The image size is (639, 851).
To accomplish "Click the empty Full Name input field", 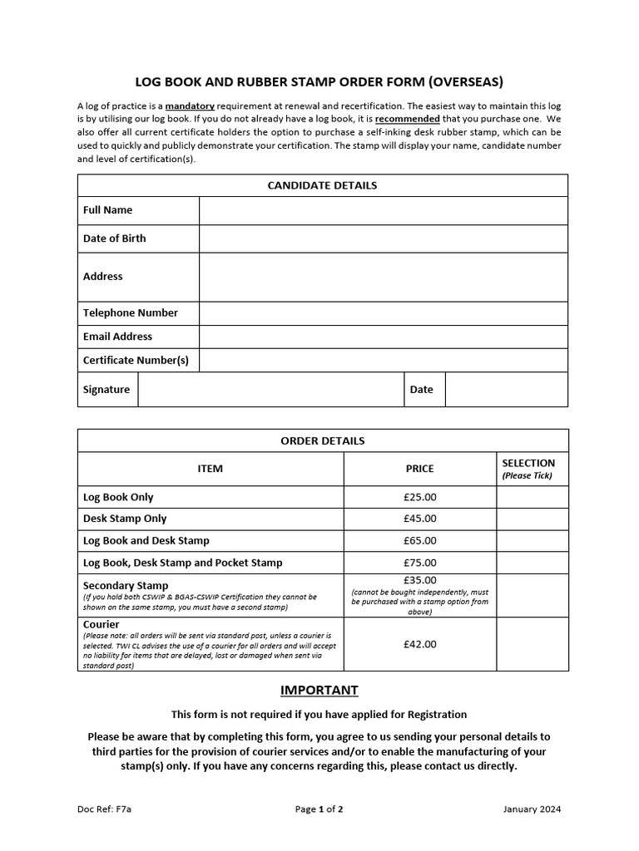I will [x=383, y=210].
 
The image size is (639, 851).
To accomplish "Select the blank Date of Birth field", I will [x=383, y=239].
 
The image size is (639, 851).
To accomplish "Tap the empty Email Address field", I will [x=383, y=337].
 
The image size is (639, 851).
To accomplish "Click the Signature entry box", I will [x=270, y=390].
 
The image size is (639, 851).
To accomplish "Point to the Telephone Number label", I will [x=131, y=313].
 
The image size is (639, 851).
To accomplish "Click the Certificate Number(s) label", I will [x=136, y=361].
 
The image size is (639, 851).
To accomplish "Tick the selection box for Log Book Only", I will [x=532, y=497].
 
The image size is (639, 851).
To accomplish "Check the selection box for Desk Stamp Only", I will [x=532, y=519].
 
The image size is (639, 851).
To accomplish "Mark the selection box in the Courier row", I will [x=532, y=644].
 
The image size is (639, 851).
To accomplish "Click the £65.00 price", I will [x=419, y=541].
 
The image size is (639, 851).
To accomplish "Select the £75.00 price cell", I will [x=419, y=563].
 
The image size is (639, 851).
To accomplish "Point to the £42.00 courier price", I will [x=419, y=644].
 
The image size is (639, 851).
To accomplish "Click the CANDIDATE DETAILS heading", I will [x=322, y=185].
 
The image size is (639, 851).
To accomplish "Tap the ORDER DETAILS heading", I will [x=322, y=440].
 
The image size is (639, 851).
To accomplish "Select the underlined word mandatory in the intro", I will [x=190, y=106].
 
